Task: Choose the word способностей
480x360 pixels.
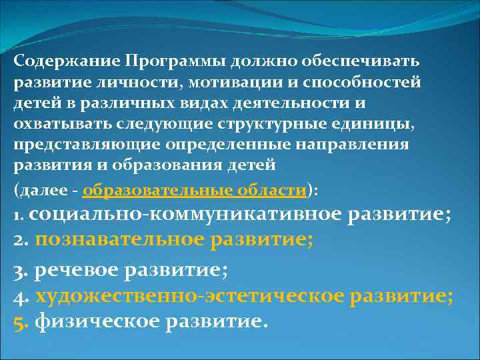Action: (363, 83)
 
